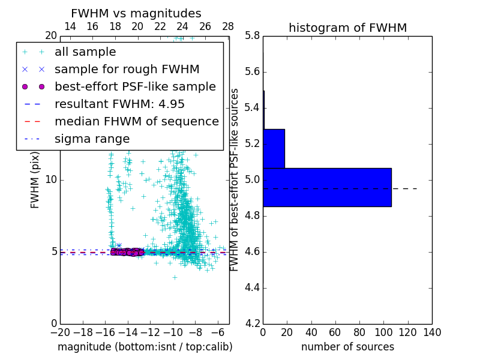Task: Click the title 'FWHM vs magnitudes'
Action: tap(136, 13)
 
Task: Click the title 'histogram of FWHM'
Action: tap(347, 28)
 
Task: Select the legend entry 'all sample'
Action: tap(85, 52)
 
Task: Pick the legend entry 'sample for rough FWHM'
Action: tap(127, 69)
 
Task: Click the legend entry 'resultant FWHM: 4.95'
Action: tap(119, 104)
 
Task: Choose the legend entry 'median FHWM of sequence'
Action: tap(136, 121)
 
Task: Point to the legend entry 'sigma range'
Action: tap(92, 139)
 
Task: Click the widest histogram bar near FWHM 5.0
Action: tap(327, 187)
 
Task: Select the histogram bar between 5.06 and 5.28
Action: tap(274, 148)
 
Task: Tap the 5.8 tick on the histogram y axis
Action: tap(252, 36)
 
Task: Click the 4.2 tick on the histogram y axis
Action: tap(252, 323)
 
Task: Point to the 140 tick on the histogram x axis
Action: tap(432, 332)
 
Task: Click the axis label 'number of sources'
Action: tap(347, 347)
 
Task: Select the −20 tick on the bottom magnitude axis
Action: tap(60, 332)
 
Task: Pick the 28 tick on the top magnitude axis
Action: tap(228, 26)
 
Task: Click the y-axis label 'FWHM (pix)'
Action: tap(35, 179)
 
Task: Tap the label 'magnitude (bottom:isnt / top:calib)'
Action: tap(145, 347)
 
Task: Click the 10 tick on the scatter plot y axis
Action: tap(51, 180)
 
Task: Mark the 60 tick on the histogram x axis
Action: tap(335, 332)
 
